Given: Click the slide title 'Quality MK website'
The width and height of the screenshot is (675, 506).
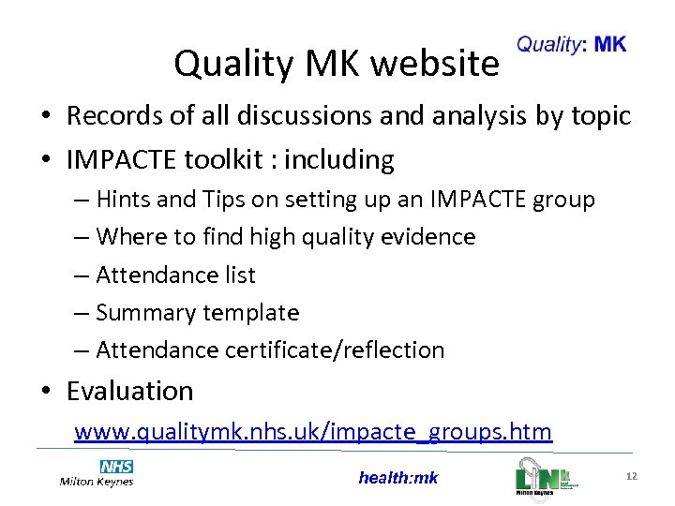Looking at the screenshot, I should (337, 64).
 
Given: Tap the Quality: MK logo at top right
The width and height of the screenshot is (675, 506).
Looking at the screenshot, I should (571, 44).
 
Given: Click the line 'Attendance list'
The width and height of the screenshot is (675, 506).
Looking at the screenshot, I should (175, 275).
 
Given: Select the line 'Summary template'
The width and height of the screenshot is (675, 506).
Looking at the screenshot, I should (197, 312).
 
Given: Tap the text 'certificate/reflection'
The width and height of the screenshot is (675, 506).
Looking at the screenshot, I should (335, 350).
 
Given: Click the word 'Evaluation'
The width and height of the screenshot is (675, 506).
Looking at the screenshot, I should (129, 391).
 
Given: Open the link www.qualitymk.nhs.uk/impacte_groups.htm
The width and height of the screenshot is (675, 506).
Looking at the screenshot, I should (313, 431).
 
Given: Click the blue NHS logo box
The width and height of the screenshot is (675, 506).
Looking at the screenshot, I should (116, 467).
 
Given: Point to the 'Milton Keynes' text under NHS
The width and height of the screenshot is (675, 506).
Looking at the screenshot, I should (96, 482).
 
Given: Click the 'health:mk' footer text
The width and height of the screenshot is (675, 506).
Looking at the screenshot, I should (397, 478).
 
